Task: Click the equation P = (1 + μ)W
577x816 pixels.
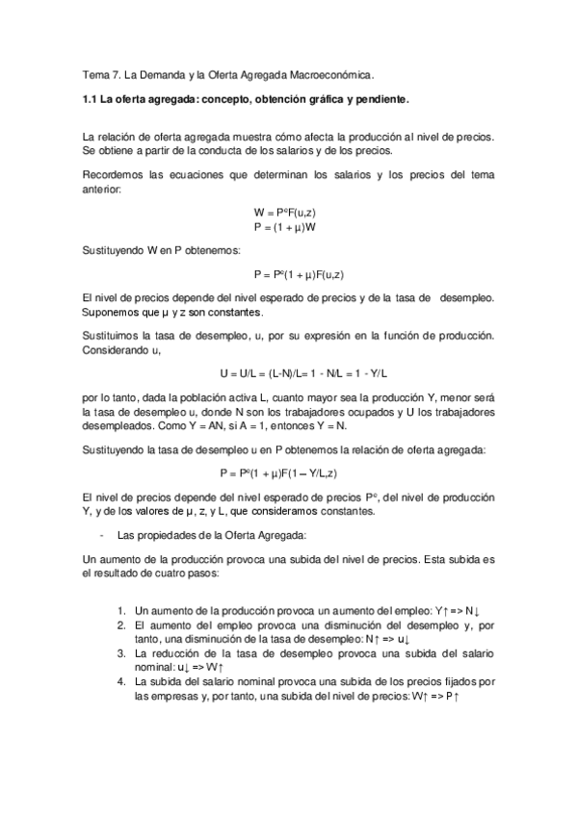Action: coord(285,227)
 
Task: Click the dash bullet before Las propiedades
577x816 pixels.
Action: coord(101,534)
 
